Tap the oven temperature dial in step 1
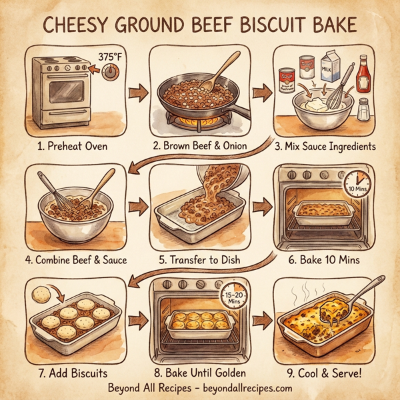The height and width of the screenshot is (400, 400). (x=110, y=73)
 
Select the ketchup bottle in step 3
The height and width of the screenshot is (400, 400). (x=363, y=70)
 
